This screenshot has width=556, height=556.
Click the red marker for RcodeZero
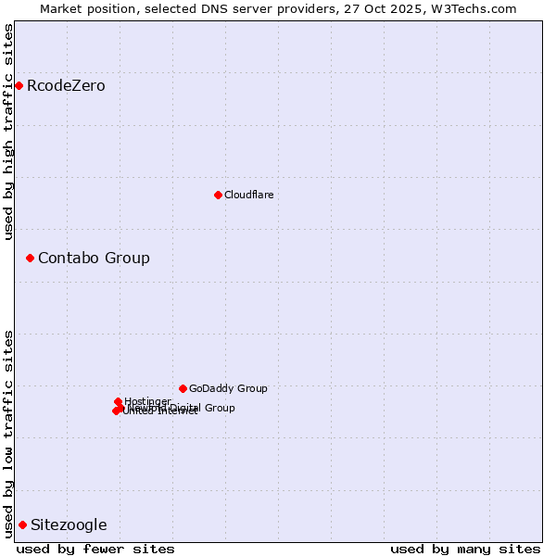(x=19, y=86)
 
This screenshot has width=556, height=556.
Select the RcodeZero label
(x=66, y=86)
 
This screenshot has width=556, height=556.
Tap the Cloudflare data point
(x=218, y=195)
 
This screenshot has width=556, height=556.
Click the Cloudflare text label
(x=248, y=195)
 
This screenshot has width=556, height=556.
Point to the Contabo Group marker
(x=30, y=258)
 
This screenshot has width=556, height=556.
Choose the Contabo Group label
(x=94, y=258)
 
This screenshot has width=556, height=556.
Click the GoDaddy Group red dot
(x=183, y=388)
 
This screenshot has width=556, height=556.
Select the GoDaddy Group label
(x=228, y=388)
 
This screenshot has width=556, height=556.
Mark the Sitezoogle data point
(x=22, y=524)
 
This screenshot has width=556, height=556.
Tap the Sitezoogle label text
(x=69, y=524)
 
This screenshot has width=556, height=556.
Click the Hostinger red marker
(x=118, y=401)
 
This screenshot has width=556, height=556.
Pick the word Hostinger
(x=148, y=401)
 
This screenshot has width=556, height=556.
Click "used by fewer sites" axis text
(x=95, y=549)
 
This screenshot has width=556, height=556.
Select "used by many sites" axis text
(x=465, y=549)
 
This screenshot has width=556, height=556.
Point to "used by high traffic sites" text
(x=9, y=132)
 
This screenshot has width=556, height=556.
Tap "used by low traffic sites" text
(x=9, y=433)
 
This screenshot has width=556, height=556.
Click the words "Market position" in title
(x=85, y=8)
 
